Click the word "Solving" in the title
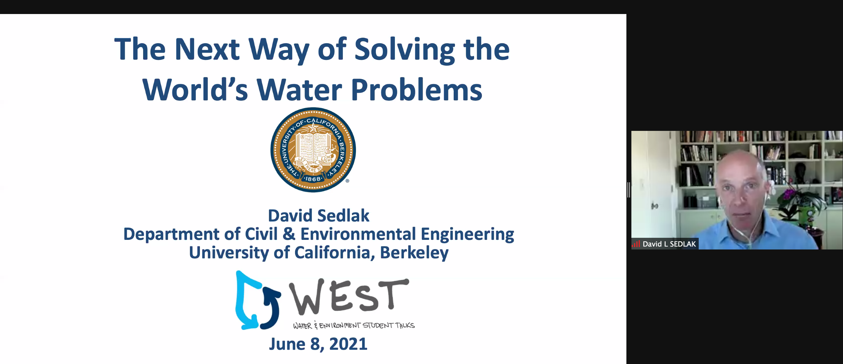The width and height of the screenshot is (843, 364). tap(405, 50)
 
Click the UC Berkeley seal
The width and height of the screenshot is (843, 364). tap(313, 150)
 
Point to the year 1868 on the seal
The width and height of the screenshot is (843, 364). tap(313, 179)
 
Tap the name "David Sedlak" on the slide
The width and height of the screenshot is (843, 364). tap(318, 216)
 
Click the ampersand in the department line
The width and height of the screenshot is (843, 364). tap(289, 234)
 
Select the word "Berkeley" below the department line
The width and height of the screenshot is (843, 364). tap(414, 253)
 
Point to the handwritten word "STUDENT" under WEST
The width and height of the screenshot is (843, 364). tap(378, 325)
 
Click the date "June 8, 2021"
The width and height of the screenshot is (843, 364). tap(318, 344)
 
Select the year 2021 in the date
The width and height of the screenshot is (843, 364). tap(348, 344)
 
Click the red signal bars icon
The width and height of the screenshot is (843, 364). tap(636, 244)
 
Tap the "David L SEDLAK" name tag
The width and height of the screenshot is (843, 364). tap(665, 244)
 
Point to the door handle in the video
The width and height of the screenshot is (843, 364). tap(654, 206)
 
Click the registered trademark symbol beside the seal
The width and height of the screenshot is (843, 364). tap(347, 181)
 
